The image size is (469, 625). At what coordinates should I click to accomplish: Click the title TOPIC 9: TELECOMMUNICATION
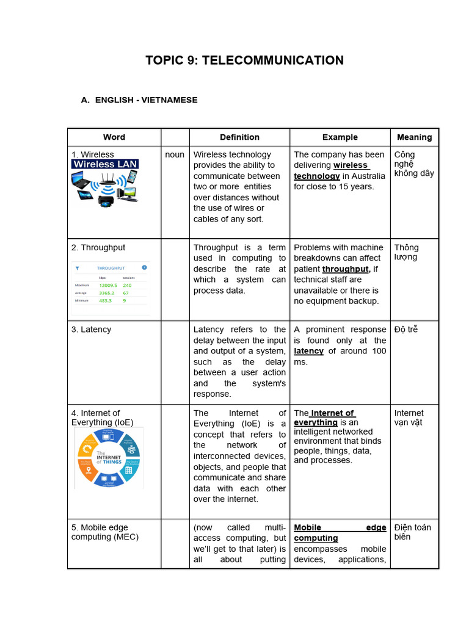coord(244,60)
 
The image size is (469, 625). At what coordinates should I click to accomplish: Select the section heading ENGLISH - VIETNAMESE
coord(146,100)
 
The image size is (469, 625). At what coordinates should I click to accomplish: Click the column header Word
coord(114,137)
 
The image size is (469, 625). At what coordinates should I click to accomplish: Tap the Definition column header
coord(239,137)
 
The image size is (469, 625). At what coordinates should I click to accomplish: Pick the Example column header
coord(340,137)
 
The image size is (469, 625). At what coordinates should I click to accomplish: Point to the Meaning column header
coord(414,137)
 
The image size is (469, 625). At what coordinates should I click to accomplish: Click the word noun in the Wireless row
coord(175,155)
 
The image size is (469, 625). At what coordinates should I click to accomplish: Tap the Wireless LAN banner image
coord(105,164)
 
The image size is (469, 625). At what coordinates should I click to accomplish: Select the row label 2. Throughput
coord(98,248)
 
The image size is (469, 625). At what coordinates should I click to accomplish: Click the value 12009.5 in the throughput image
coord(107,285)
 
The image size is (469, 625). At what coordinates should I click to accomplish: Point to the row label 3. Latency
coord(92,330)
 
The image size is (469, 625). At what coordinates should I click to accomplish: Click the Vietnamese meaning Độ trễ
coord(406,330)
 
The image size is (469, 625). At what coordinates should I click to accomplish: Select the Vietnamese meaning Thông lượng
coord(406,252)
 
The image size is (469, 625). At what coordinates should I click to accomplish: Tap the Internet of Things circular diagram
coord(108,458)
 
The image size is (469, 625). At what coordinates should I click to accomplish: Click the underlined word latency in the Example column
coord(308,352)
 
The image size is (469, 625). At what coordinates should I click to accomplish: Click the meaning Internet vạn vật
coord(409,417)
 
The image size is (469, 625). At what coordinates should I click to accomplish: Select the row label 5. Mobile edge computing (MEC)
coord(104,532)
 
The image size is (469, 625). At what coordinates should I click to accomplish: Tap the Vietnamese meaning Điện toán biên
coord(412,532)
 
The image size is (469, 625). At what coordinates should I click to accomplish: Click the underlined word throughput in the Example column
coord(346,269)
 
